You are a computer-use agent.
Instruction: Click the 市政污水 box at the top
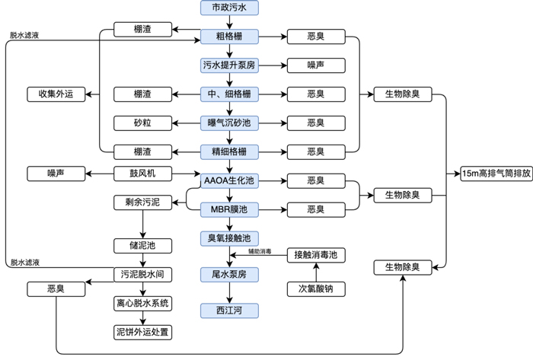(x=229, y=8)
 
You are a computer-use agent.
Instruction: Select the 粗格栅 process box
(x=229, y=37)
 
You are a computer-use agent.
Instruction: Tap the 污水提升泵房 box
(x=229, y=65)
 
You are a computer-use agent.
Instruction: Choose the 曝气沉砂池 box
(x=229, y=123)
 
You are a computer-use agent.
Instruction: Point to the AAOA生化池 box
(x=229, y=180)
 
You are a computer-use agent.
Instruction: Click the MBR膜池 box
(x=229, y=209)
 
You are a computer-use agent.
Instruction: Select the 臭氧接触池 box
(x=229, y=238)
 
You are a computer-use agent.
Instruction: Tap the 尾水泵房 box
(x=229, y=273)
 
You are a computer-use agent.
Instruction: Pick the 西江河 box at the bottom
(x=229, y=310)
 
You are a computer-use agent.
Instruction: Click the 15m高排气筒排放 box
(x=494, y=174)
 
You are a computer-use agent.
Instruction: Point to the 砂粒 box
(x=142, y=123)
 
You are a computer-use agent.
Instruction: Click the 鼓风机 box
(x=142, y=174)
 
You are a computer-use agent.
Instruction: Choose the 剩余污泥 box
(x=142, y=202)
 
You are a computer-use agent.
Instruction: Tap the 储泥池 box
(x=142, y=245)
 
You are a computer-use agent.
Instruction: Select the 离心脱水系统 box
(x=142, y=303)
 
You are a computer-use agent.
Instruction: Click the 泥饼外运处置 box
(x=142, y=332)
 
